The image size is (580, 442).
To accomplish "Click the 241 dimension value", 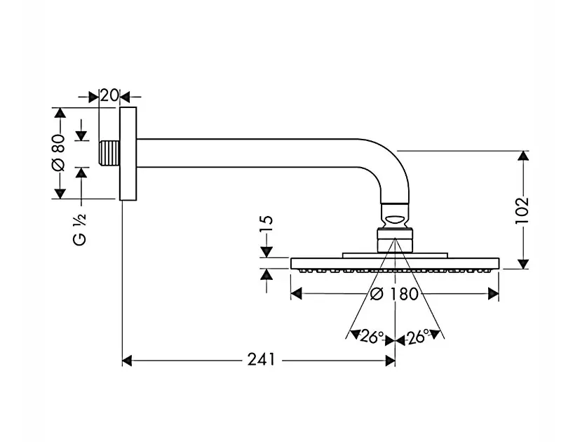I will coord(260,361).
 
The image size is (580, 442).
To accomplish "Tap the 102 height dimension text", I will coord(521,210).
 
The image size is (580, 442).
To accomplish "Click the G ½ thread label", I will coord(81,228).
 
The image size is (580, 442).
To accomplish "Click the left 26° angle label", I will coord(371,337).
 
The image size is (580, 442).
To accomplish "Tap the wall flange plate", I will coord(127,154).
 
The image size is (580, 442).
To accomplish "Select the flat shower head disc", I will coord(394,264).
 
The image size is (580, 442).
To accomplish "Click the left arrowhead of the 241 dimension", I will coord(127,361).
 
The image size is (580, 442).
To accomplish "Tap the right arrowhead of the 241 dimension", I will coord(391,361).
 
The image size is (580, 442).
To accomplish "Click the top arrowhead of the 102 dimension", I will coord(522,156).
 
